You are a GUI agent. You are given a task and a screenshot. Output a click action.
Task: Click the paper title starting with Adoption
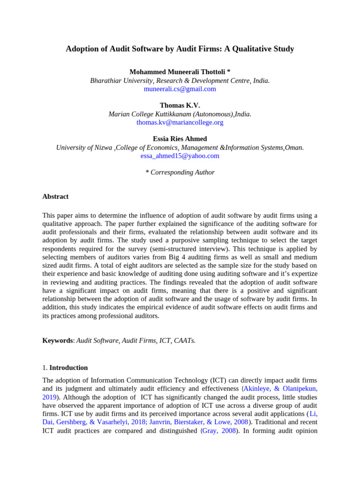[x=180, y=49]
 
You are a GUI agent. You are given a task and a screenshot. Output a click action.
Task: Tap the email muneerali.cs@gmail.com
[x=180, y=89]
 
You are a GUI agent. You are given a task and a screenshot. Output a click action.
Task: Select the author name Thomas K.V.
[x=180, y=105]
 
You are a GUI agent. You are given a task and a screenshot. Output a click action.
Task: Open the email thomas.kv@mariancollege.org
[x=180, y=122]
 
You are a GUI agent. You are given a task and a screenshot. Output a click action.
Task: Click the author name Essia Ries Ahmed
[x=180, y=139]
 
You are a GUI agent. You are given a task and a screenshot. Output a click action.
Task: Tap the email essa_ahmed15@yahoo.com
[x=180, y=156]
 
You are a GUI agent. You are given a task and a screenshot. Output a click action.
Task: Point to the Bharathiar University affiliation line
[x=180, y=81]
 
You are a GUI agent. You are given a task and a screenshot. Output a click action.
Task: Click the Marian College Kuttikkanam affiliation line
[x=180, y=114]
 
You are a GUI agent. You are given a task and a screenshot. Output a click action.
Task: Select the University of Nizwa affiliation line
[x=180, y=147]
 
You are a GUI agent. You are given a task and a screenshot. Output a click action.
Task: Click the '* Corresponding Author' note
[x=180, y=172]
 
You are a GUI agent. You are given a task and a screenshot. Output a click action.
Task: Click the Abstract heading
[x=55, y=196]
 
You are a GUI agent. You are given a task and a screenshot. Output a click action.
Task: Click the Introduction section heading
[x=68, y=367]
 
